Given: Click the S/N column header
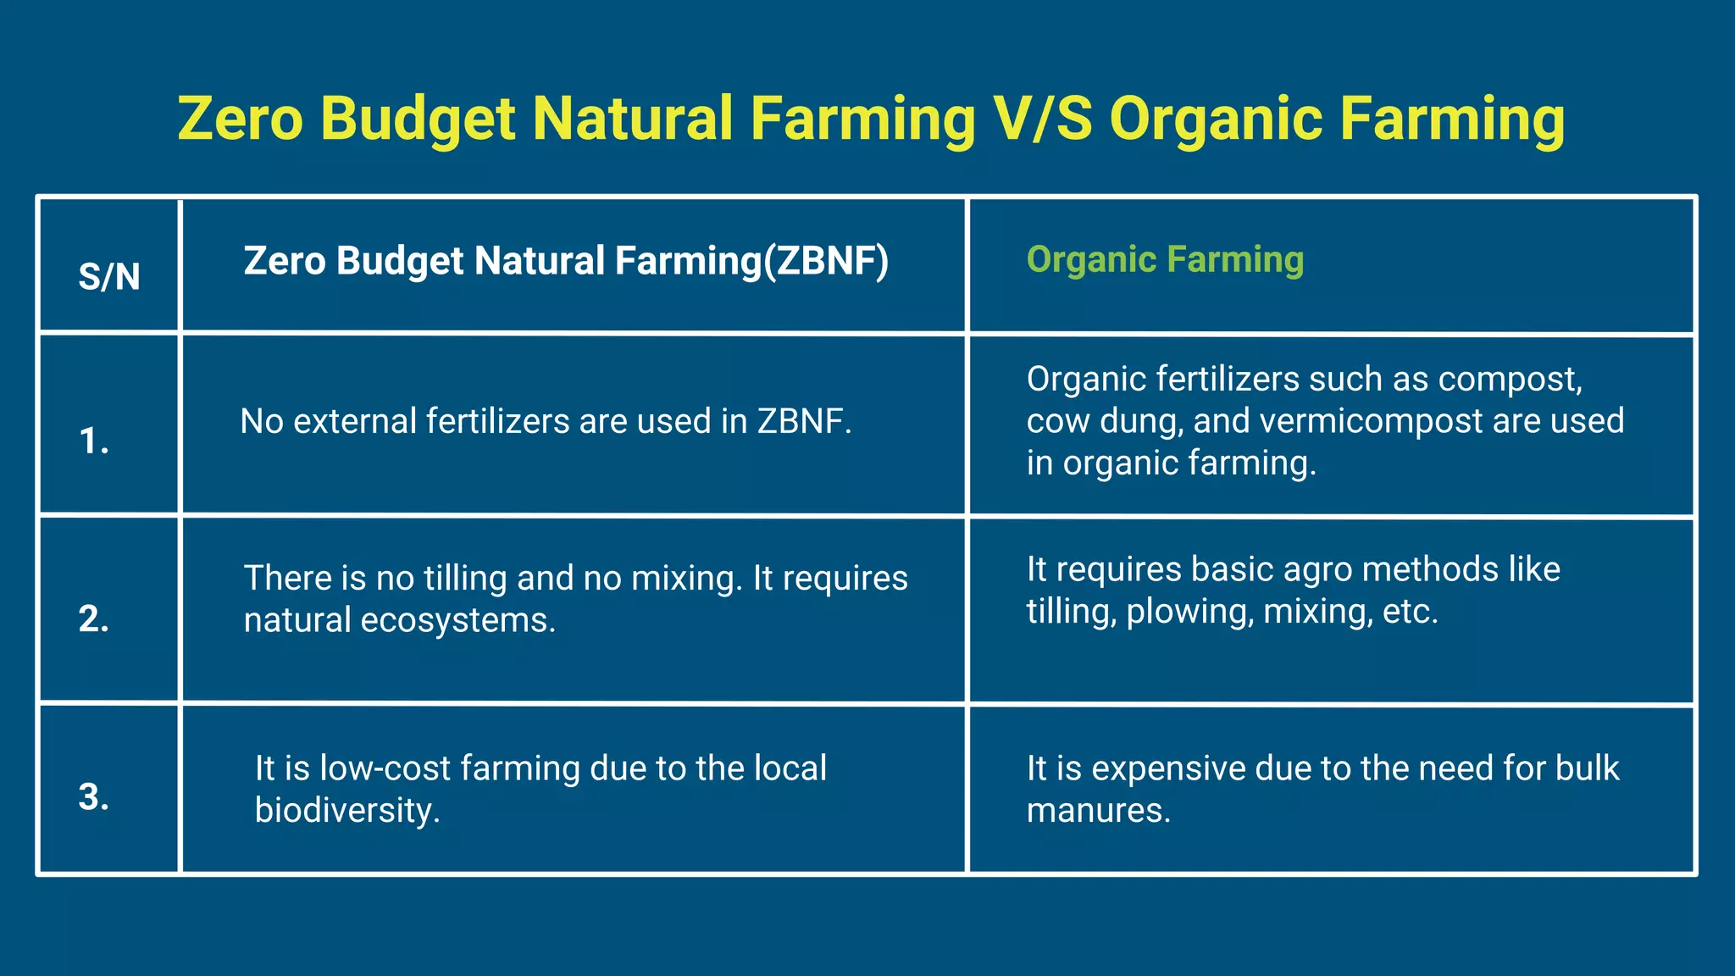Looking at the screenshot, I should pos(109,277).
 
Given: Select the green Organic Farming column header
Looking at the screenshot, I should pos(1165,259).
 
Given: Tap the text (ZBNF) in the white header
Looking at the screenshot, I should pos(826,261).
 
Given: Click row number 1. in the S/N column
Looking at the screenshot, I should pos(94,441).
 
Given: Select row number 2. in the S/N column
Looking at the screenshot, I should pos(94,618).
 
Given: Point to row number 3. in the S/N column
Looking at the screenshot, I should pos(94,796).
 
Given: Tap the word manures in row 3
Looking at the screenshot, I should pos(1098,811).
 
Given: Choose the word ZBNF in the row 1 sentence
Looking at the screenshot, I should pos(804,421).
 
